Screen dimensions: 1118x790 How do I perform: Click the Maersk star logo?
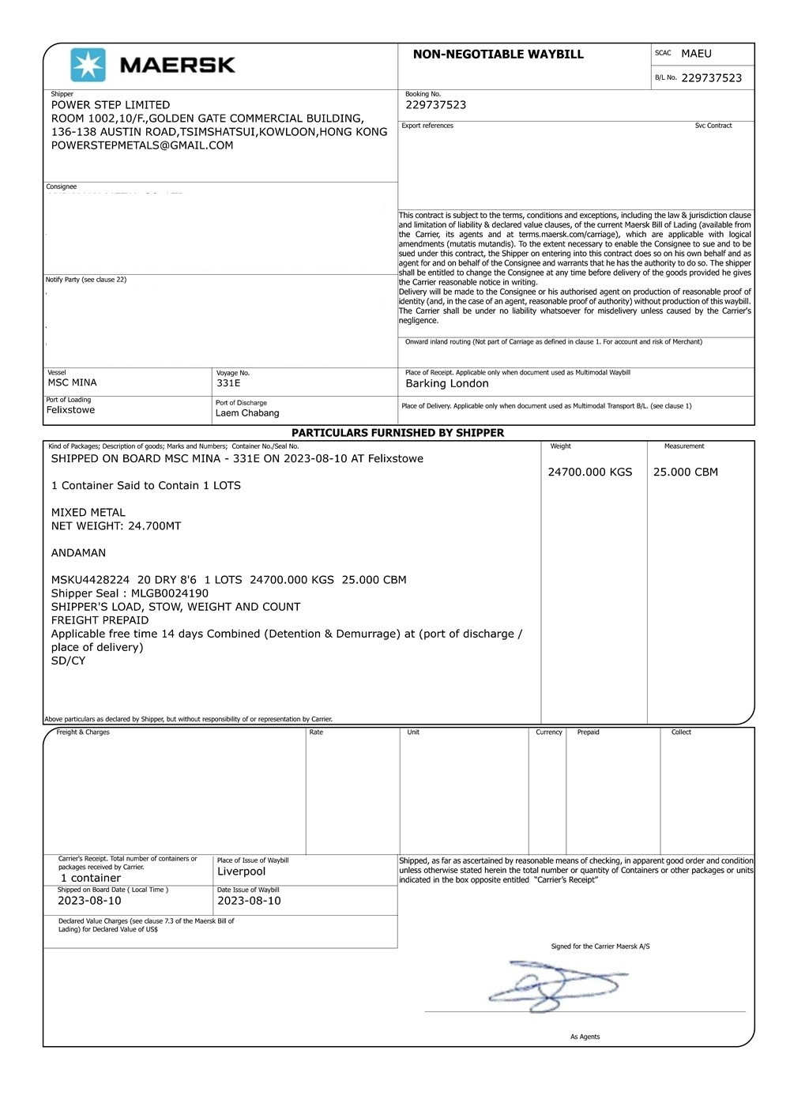pos(88,65)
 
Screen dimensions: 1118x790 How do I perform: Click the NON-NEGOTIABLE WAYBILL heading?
pos(498,55)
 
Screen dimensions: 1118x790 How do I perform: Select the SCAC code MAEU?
pos(696,54)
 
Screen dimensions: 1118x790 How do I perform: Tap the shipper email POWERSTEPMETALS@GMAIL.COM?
pos(142,145)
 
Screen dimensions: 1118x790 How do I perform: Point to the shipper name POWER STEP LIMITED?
pos(111,105)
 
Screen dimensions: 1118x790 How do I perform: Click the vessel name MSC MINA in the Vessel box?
pos(73,383)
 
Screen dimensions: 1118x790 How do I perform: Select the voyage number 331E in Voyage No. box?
pos(228,383)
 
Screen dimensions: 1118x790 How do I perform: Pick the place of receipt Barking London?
pos(447,384)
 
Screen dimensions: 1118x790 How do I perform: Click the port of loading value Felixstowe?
pos(70,410)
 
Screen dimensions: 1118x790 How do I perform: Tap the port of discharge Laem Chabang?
pos(247,413)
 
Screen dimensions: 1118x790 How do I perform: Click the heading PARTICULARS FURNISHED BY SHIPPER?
pos(397,433)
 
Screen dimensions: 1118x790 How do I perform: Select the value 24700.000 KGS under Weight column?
pos(590,472)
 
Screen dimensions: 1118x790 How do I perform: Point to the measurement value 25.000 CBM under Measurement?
pos(686,472)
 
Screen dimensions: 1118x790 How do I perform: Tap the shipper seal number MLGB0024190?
pos(170,593)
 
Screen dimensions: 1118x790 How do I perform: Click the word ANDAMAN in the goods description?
pos(78,553)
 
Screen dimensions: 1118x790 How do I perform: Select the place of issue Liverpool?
pos(242,871)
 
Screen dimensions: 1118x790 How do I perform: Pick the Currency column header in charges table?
pos(549,732)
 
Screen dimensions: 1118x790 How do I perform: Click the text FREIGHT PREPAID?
pos(100,620)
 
